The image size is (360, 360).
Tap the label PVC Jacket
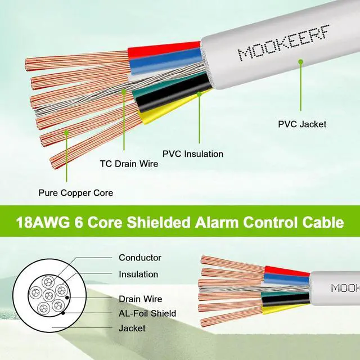click(302, 124)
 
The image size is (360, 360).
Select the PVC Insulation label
click(193, 154)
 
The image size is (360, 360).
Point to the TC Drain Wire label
click(129, 164)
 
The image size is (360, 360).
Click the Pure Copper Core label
click(75, 193)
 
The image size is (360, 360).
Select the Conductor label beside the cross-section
click(139, 258)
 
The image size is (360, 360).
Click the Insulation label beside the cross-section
click(138, 274)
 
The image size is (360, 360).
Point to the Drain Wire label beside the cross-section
click(140, 299)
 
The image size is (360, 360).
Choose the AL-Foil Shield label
click(147, 313)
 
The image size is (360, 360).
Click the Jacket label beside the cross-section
click(132, 328)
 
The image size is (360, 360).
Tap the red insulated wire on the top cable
click(163, 50)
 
